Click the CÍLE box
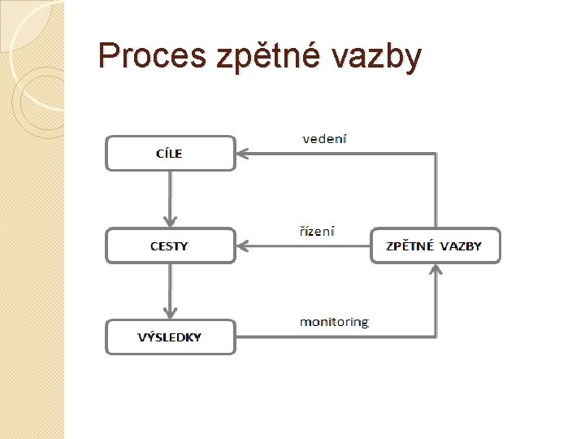click(x=170, y=153)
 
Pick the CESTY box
click(x=170, y=246)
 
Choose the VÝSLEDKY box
click(x=170, y=337)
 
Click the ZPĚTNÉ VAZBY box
click(x=435, y=246)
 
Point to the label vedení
click(x=324, y=138)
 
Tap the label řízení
click(x=317, y=231)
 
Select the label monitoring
click(x=333, y=322)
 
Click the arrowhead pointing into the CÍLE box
click(x=241, y=152)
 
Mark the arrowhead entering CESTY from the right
click(x=241, y=245)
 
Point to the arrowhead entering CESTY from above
click(x=170, y=223)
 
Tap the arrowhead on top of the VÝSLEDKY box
click(x=170, y=314)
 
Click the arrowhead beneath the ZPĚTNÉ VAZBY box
click(x=435, y=269)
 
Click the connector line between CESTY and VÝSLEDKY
click(x=170, y=286)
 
